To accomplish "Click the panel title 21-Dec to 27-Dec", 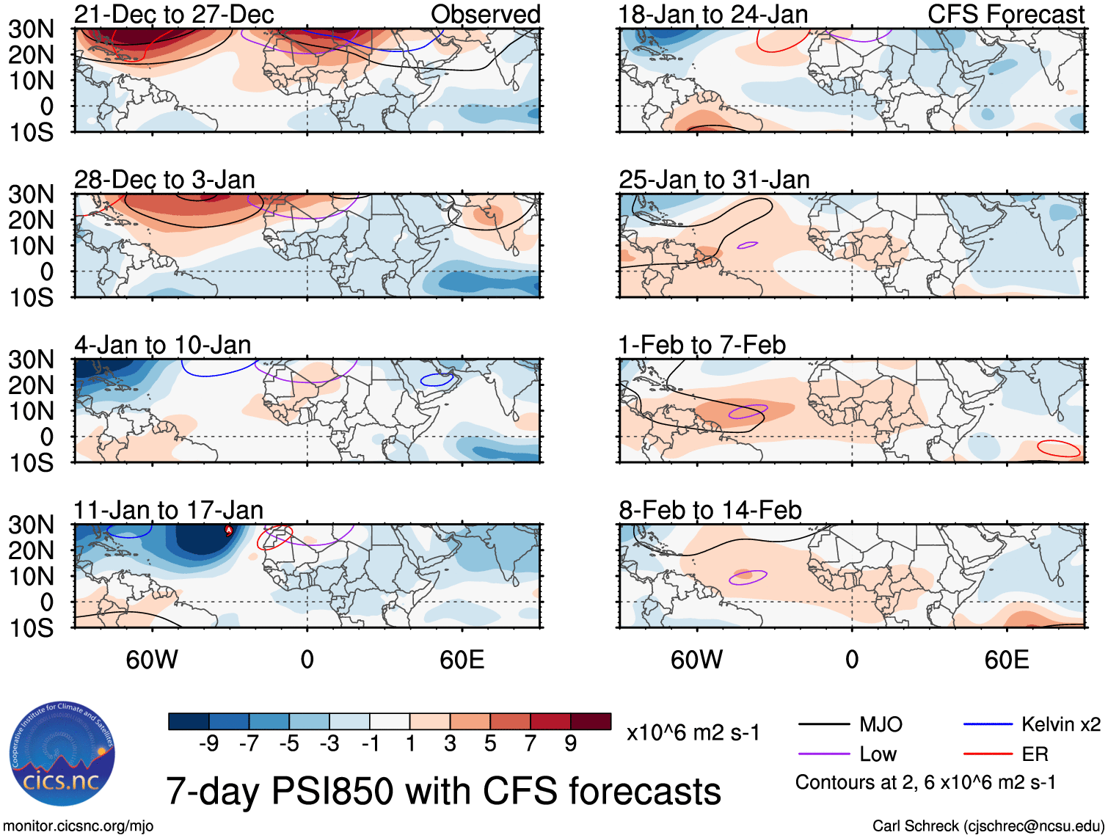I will (x=174, y=14).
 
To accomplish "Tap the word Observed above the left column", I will (x=485, y=14).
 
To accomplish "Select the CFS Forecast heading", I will (x=1005, y=14).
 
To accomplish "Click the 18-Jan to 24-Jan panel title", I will (x=712, y=14).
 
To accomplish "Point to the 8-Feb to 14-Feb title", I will (x=710, y=510).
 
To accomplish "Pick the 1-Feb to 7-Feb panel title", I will (x=701, y=345).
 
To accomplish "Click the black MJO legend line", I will (x=823, y=725).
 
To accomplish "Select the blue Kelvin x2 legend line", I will (x=988, y=724).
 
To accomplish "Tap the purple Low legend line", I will (x=823, y=754).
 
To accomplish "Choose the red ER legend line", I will (x=988, y=754).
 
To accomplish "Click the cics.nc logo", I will (x=62, y=754).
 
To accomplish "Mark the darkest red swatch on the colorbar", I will (x=591, y=721).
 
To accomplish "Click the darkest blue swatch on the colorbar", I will (x=189, y=721).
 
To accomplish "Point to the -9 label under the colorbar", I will (x=209, y=744).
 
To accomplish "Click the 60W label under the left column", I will (x=152, y=660).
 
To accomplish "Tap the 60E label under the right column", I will (x=1006, y=660).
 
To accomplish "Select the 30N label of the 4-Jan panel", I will (x=31, y=360).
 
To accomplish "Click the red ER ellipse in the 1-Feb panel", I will (x=1059, y=448).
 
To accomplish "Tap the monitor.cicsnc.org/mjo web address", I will (x=79, y=826).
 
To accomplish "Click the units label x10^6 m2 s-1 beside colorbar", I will (x=693, y=732).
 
